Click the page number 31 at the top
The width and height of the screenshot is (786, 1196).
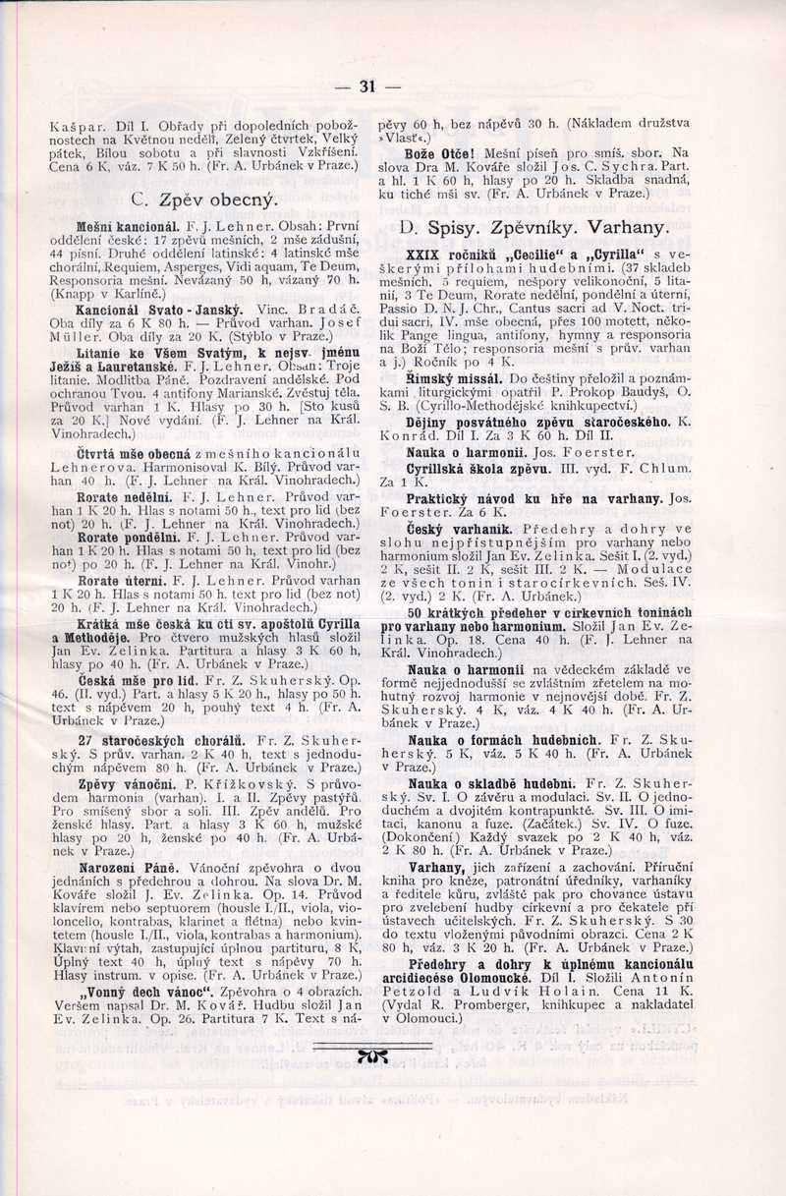(x=368, y=86)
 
